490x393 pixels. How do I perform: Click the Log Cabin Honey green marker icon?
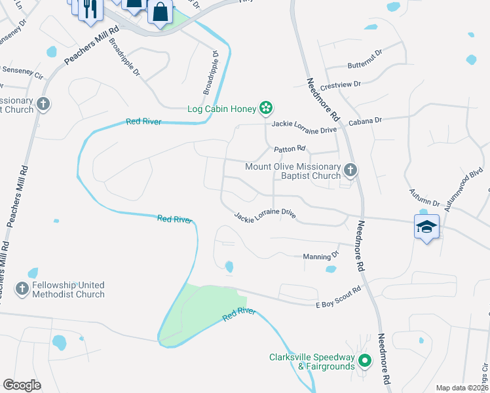click(x=266, y=107)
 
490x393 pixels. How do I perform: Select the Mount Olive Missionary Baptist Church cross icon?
click(x=350, y=170)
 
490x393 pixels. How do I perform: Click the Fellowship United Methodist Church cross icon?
click(x=22, y=288)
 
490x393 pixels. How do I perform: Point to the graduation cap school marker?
click(x=426, y=227)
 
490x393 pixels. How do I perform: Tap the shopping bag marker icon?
click(x=160, y=11)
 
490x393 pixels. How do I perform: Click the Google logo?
click(x=22, y=384)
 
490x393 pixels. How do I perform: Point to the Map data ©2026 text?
click(x=462, y=388)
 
